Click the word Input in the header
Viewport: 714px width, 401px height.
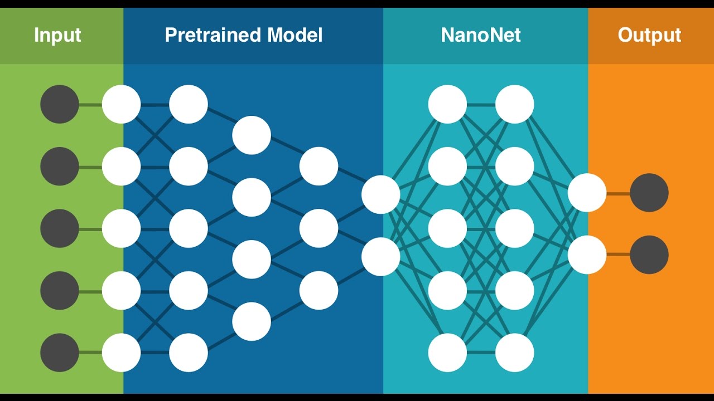pyautogui.click(x=57, y=35)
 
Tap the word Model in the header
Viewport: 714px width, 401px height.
pyautogui.click(x=295, y=35)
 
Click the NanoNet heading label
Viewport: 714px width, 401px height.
pyautogui.click(x=480, y=35)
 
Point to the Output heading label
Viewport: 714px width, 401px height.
pyautogui.click(x=649, y=35)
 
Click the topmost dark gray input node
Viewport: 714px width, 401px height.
pyautogui.click(x=60, y=104)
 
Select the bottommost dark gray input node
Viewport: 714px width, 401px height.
pyautogui.click(x=60, y=353)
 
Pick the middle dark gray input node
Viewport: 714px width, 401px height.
pyautogui.click(x=60, y=228)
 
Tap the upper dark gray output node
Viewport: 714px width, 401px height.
pyautogui.click(x=649, y=193)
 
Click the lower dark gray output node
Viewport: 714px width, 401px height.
pyautogui.click(x=649, y=255)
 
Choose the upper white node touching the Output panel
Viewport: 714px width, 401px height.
pyautogui.click(x=587, y=193)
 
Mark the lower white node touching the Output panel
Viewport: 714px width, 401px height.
pyautogui.click(x=587, y=255)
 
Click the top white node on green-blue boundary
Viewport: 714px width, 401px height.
pyautogui.click(x=121, y=104)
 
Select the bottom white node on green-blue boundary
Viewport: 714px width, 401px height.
pyautogui.click(x=121, y=353)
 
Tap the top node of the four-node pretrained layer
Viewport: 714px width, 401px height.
pyautogui.click(x=252, y=135)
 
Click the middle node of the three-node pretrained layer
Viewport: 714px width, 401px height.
pyautogui.click(x=319, y=228)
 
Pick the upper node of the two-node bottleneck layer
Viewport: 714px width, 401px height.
pyautogui.click(x=380, y=194)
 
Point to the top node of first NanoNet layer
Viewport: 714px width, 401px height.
pyautogui.click(x=447, y=104)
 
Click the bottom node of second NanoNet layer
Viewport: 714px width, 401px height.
pyautogui.click(x=515, y=353)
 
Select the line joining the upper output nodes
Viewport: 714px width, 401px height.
pyautogui.click(x=618, y=193)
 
